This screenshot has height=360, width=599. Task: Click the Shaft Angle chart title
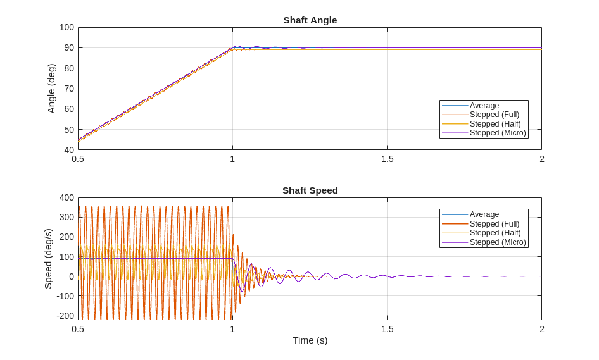point(310,20)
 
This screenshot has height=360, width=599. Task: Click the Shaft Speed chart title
point(310,190)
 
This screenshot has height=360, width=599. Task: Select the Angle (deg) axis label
point(52,89)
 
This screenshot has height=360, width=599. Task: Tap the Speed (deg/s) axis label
point(48,259)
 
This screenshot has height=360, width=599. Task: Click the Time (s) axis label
point(310,340)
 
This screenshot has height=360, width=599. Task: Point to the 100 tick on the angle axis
point(66,27)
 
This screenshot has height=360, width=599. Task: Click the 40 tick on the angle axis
point(69,150)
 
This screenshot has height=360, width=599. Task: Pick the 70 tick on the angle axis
point(69,89)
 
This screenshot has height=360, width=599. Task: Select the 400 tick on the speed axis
point(66,197)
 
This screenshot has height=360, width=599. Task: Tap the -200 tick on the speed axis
point(65,316)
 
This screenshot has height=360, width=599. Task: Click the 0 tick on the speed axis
point(72,276)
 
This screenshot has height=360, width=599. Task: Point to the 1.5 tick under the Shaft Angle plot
point(387,159)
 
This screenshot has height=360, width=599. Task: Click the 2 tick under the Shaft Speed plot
point(541,329)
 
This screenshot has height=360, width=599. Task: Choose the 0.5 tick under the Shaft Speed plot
point(78,329)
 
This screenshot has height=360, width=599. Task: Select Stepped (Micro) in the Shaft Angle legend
point(498,133)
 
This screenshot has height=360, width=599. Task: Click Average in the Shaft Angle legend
point(484,106)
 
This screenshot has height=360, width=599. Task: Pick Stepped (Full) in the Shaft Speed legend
point(495,224)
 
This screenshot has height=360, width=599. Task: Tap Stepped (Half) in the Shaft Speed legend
point(495,233)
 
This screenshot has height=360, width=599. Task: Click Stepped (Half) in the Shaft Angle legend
point(495,124)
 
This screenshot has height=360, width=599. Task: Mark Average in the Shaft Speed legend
point(484,214)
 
